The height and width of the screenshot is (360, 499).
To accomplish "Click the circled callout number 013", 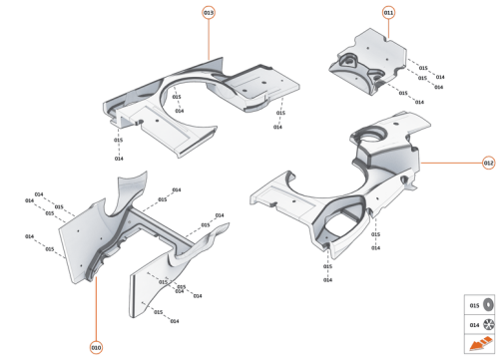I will [x=209, y=12].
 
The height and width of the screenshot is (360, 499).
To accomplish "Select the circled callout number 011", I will [x=388, y=12].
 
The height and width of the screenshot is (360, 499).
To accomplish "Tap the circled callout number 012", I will [x=488, y=162].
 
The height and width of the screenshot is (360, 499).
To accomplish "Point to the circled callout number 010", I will [x=96, y=347].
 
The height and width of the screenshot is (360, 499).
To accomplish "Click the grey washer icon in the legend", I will [x=489, y=305].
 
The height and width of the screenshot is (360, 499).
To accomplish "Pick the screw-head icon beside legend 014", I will [x=489, y=325].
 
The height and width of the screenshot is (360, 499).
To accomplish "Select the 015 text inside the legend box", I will [x=474, y=305].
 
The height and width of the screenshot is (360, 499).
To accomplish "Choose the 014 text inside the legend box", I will [x=474, y=325].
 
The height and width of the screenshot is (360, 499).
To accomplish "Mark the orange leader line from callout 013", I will [x=209, y=40].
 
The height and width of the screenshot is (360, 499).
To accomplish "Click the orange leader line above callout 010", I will [x=96, y=309].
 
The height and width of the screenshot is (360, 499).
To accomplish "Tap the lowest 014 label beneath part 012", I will [x=327, y=279].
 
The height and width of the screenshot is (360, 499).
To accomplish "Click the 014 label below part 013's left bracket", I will [x=119, y=159].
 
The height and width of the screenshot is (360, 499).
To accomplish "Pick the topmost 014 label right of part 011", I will [x=439, y=77].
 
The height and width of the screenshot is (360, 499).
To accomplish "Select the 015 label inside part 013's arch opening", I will [x=177, y=97].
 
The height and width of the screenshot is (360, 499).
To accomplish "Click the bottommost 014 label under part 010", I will [x=174, y=321].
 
